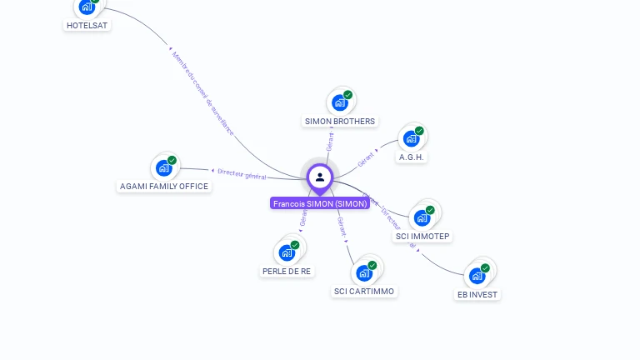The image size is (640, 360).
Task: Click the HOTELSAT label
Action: (87, 25)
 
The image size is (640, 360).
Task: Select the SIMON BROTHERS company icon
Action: (339, 102)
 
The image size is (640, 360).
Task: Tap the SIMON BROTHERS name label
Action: (340, 121)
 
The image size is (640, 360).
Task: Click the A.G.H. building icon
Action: (411, 138)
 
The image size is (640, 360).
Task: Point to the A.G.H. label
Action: (412, 157)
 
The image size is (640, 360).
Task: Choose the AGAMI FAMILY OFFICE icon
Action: (164, 167)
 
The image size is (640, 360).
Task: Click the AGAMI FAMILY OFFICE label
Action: (164, 186)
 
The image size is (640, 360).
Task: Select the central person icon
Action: (320, 177)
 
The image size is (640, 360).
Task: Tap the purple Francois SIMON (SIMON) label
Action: (320, 203)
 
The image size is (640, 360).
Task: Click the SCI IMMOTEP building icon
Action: (422, 218)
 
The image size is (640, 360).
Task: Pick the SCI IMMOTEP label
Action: (422, 237)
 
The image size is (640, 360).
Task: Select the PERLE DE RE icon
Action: (287, 252)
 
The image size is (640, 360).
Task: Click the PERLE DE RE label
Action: (287, 271)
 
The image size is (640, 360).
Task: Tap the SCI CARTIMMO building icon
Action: (364, 272)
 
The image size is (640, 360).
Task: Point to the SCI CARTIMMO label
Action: (364, 291)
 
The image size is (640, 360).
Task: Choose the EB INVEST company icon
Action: (477, 276)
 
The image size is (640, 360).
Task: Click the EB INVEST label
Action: (477, 294)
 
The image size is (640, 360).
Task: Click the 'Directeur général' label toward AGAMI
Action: (242, 173)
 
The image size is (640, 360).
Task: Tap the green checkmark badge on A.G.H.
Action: (419, 131)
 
